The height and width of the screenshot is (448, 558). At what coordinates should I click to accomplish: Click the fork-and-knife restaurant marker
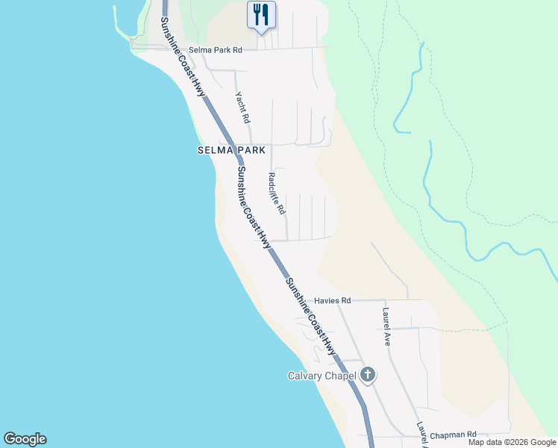click(x=261, y=15)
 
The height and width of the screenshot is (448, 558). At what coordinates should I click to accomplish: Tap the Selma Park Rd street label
click(x=216, y=50)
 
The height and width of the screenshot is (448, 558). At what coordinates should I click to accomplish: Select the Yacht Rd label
click(x=242, y=108)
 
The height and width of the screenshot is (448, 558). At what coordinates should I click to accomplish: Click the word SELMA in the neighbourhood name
click(x=213, y=150)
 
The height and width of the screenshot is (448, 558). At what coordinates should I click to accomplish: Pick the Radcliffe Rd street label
click(x=277, y=194)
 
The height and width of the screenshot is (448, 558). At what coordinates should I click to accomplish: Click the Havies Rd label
click(x=332, y=300)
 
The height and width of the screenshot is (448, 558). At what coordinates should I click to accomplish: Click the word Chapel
click(x=342, y=376)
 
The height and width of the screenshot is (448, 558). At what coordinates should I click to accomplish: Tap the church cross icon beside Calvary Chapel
click(x=367, y=375)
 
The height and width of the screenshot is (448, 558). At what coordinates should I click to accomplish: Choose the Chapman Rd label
click(x=453, y=434)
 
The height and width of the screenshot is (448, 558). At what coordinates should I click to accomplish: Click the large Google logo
click(x=25, y=439)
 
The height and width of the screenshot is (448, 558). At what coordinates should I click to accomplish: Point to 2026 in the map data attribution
click(x=510, y=442)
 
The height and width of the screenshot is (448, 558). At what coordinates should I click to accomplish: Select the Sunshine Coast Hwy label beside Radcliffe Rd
click(x=253, y=208)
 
